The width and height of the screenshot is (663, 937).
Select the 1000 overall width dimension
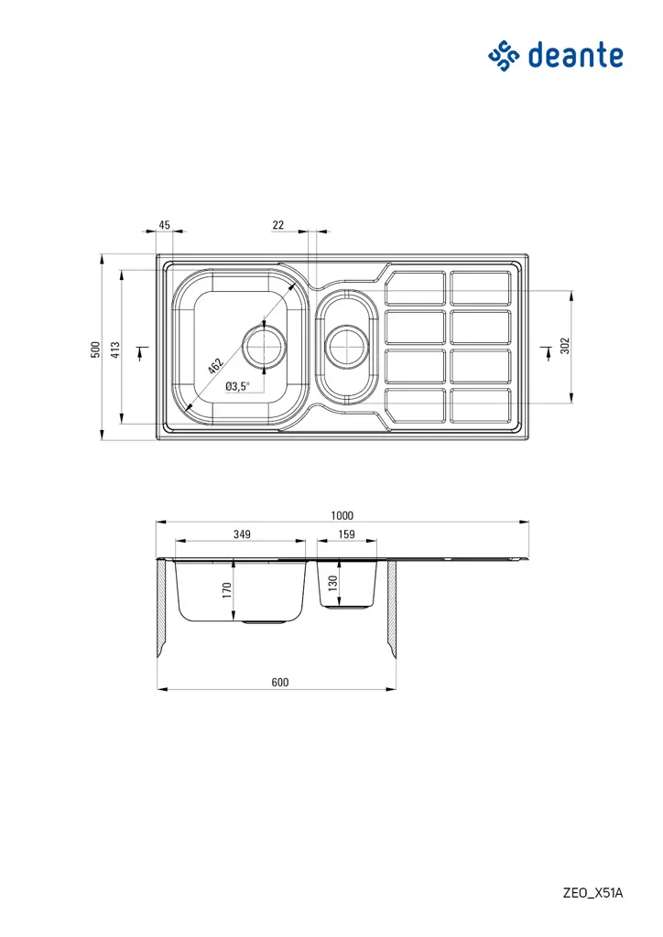(342, 515)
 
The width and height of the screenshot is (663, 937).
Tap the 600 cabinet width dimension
(279, 682)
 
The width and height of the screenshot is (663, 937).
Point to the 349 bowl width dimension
(242, 533)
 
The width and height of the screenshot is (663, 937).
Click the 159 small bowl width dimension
(346, 533)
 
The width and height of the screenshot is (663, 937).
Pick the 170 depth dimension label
(227, 590)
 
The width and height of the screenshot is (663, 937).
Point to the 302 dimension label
(565, 346)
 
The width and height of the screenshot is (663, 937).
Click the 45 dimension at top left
(165, 224)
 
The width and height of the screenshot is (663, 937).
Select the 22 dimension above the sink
(278, 224)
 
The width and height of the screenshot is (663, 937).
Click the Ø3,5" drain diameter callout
(237, 386)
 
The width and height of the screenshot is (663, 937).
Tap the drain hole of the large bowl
(264, 348)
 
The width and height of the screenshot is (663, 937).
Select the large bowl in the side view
(242, 595)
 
